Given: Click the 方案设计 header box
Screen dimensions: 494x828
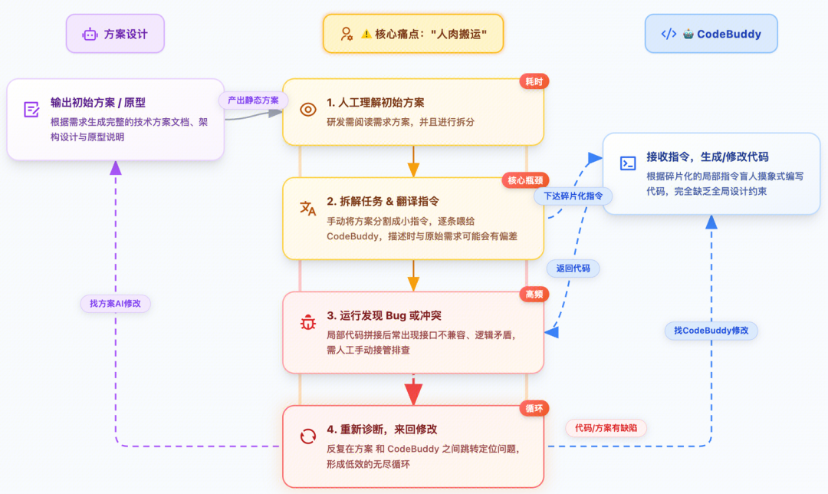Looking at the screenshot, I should point(116,34).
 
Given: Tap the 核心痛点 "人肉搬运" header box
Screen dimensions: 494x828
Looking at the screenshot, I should point(413,34).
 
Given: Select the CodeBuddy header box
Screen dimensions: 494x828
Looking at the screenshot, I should point(711,34).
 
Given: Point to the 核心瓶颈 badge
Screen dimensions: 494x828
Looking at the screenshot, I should point(524,180).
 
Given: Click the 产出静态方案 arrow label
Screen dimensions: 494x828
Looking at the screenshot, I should point(253,100).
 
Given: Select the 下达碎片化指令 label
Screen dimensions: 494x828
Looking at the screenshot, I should point(573,196).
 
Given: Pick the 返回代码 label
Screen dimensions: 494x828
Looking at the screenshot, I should point(573,268).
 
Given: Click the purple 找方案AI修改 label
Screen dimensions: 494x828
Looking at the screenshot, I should point(115,303).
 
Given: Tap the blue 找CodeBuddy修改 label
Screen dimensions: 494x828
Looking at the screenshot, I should point(711,331).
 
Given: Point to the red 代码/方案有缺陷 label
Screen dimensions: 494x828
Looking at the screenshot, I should point(606,427).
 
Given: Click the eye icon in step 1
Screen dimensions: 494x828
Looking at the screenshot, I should point(307,110).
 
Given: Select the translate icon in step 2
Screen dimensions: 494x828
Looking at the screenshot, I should point(307,209).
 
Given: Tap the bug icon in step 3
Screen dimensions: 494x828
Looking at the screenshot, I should point(307,323).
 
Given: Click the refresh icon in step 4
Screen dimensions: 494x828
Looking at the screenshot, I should point(307,436).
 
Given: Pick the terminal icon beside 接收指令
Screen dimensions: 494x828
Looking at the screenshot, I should point(627,163).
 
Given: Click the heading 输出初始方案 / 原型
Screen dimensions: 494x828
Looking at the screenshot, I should point(98,102).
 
